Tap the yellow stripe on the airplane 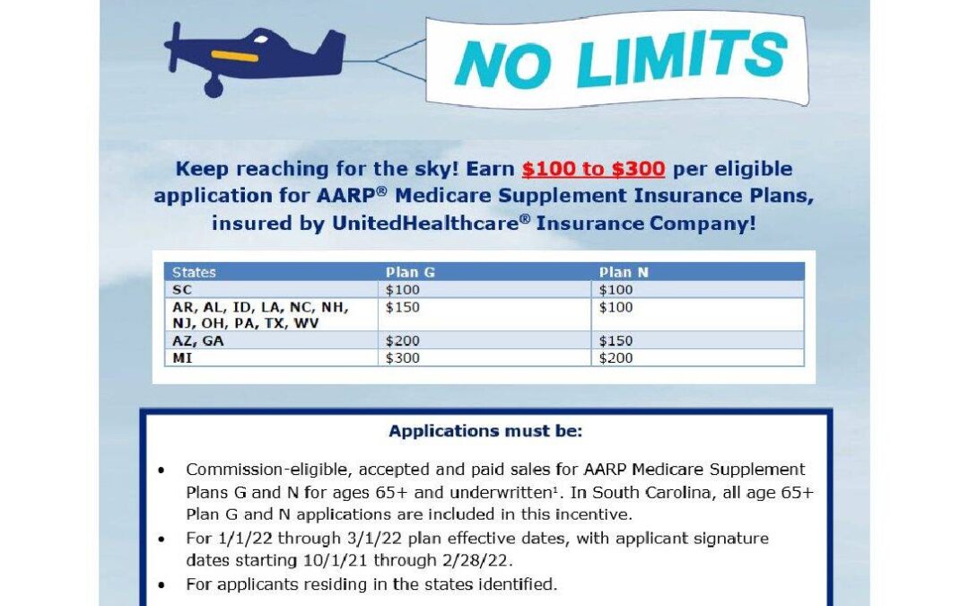coord(234,57)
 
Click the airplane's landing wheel coord(214,87)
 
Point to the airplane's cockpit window coord(261,40)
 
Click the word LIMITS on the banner coord(682,57)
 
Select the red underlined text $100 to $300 coord(593,169)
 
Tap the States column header coord(194,272)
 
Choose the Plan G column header coord(410,272)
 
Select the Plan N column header coord(624,272)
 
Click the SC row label coord(182,289)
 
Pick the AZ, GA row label coord(197,341)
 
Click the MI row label coord(182,357)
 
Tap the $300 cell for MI coord(402,357)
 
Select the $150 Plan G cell coord(402,307)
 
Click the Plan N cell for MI coord(616,357)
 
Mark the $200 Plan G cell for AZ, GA coord(402,341)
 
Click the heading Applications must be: coord(485,431)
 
